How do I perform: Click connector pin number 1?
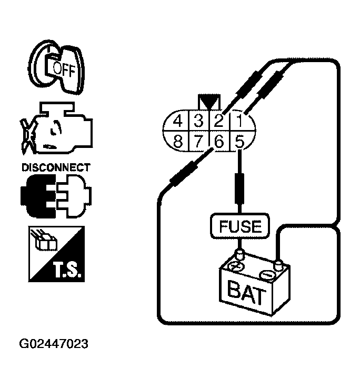240,122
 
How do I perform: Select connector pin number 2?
219,122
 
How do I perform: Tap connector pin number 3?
198,122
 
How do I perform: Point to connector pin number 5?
240,141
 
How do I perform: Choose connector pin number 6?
219,141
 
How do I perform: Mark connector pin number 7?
198,141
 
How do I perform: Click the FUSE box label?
240,226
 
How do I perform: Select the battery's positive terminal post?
240,256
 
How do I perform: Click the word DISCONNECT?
55,168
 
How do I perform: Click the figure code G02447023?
54,344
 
